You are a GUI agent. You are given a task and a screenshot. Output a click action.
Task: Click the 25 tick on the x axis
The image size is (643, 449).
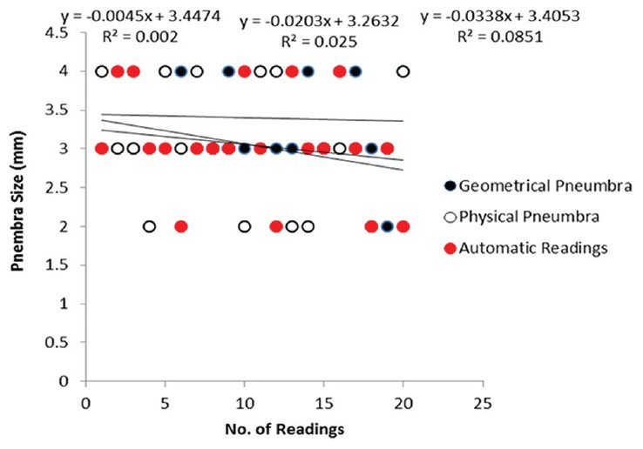click(482, 403)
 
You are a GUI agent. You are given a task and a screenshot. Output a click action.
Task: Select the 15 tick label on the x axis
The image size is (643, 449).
click(323, 403)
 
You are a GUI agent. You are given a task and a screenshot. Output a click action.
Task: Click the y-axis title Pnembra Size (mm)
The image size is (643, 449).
click(17, 207)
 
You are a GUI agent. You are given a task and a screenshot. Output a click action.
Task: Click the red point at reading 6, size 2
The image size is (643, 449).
click(180, 226)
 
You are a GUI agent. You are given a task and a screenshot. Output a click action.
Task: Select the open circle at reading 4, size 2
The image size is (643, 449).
click(149, 226)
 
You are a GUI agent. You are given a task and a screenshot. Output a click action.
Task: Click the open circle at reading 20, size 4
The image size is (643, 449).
click(403, 71)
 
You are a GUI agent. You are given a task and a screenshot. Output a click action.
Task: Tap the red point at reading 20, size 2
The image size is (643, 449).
click(403, 226)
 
